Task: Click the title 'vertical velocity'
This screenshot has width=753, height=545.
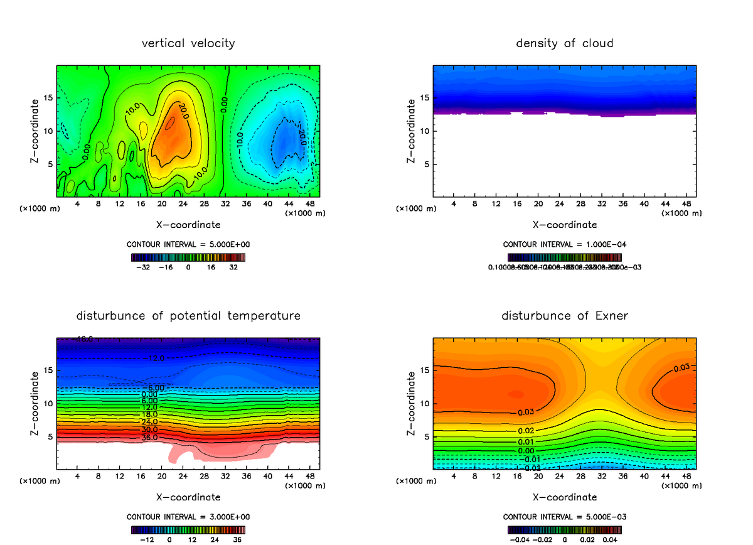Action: pyautogui.click(x=188, y=43)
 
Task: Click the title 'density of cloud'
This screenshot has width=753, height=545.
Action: pyautogui.click(x=564, y=43)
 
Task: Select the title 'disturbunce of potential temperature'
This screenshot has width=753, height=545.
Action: pyautogui.click(x=188, y=315)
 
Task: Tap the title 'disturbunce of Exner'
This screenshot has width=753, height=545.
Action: pyautogui.click(x=564, y=315)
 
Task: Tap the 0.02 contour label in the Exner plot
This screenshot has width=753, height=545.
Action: pyautogui.click(x=526, y=430)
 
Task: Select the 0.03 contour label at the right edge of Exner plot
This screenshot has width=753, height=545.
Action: pyautogui.click(x=681, y=368)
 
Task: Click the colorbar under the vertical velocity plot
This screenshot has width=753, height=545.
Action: pyautogui.click(x=188, y=257)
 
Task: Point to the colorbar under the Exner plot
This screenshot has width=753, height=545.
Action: pyautogui.click(x=564, y=529)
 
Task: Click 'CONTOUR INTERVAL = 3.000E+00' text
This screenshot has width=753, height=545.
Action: pyautogui.click(x=188, y=517)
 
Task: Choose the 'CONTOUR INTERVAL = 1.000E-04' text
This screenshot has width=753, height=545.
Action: pyautogui.click(x=564, y=244)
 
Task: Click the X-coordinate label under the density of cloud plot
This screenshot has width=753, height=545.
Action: pyautogui.click(x=564, y=224)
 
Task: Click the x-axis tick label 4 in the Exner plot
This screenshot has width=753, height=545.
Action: pyautogui.click(x=454, y=477)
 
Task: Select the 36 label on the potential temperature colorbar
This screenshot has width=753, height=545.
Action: pyautogui.click(x=238, y=539)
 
